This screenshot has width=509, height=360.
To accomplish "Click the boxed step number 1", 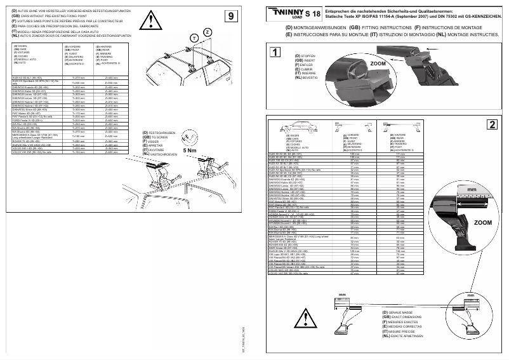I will [274, 52].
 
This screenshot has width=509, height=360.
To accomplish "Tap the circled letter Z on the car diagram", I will [208, 32].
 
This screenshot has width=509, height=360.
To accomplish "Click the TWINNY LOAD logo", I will [285, 13].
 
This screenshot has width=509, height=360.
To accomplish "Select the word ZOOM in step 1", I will [378, 65].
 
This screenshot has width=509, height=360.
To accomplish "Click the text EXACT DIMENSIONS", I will [407, 317].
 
